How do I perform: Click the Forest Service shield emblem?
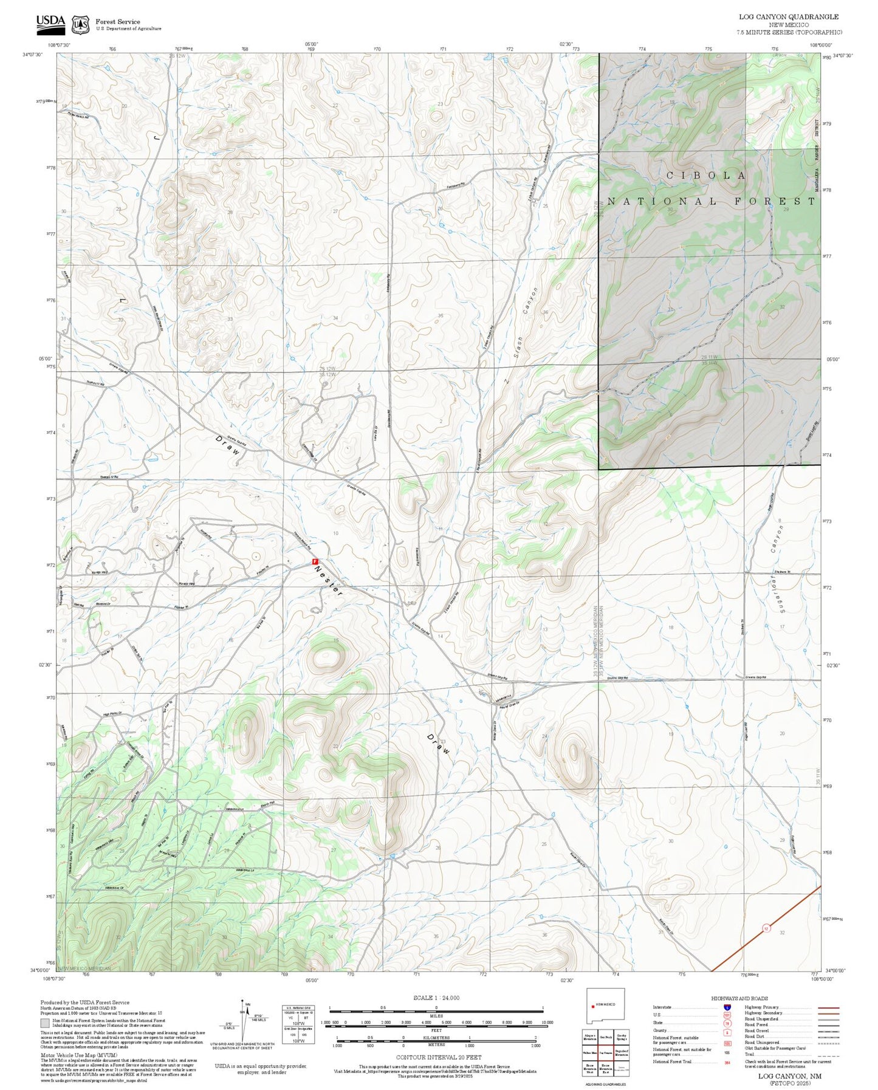pos(80,24)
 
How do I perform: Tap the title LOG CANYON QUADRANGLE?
pos(788,17)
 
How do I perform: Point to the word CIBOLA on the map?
pos(707,176)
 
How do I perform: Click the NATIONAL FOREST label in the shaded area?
pos(711,201)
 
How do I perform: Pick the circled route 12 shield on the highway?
pos(766,928)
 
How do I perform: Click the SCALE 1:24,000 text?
pos(436,998)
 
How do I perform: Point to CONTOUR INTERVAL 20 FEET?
pos(438,1058)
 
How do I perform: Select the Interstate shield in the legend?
pos(727,1007)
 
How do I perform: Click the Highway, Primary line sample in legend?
pos(828,1007)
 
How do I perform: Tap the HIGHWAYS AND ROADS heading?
pos(739,998)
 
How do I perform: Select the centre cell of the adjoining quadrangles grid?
pos(605,1052)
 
